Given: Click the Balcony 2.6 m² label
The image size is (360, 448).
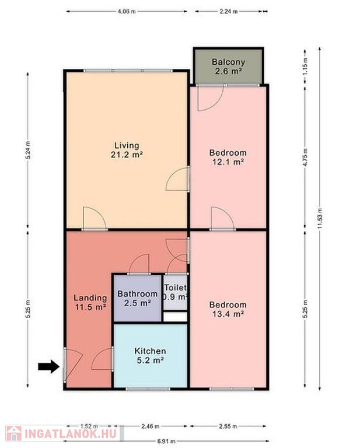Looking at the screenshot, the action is (x=228, y=66).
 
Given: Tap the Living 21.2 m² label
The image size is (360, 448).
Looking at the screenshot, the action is (x=127, y=150).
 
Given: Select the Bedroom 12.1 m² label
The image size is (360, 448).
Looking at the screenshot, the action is (x=228, y=157).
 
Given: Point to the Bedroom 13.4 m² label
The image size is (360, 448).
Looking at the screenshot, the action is (x=228, y=309).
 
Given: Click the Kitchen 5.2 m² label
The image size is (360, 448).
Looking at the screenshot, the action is (x=150, y=355).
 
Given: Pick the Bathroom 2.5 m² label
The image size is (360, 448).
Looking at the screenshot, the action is (x=138, y=298).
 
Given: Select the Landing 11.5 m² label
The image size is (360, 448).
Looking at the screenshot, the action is (x=90, y=302).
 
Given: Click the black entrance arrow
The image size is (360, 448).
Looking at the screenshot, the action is (x=49, y=366).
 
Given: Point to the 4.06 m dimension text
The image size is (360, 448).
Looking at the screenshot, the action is (x=127, y=12).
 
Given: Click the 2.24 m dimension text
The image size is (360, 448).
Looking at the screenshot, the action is (x=228, y=12).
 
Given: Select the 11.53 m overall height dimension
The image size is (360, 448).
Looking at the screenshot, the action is (x=319, y=218).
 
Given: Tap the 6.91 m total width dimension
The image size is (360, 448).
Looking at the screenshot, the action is (x=166, y=442).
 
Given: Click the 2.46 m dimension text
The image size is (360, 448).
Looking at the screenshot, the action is (x=151, y=426).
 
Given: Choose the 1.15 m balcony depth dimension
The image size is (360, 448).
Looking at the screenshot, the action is (x=305, y=66).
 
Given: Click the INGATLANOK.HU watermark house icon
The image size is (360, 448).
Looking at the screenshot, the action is (x=14, y=434).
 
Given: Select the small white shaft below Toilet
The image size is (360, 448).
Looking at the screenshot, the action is (x=175, y=317).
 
